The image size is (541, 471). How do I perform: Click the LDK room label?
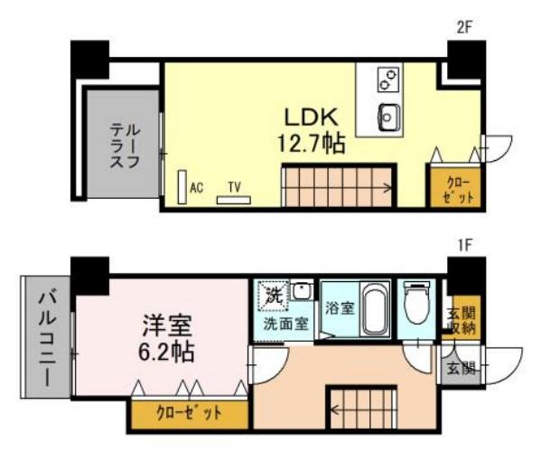[x=311, y=118]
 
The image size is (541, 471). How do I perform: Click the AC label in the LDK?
[x=196, y=187]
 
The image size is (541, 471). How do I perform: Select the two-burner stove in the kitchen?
[x=389, y=80]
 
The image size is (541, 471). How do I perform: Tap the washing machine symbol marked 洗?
[x=275, y=295]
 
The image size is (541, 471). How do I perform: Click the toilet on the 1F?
[x=417, y=305]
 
